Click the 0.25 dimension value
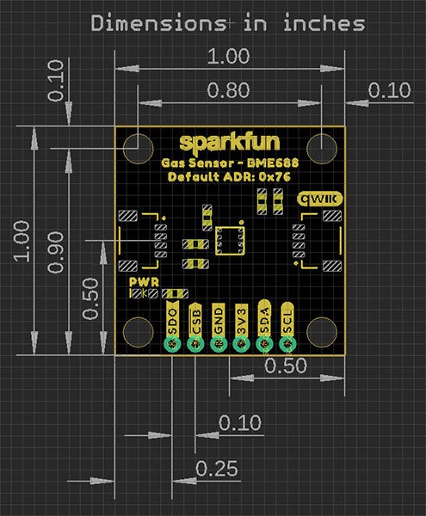216,469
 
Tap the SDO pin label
172,320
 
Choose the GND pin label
219,320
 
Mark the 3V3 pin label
242,320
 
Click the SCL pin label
288,320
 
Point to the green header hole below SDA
265,344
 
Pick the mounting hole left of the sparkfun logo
138,146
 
